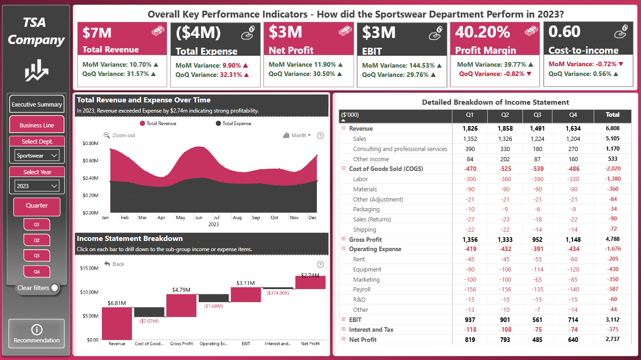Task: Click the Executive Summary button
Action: [37, 104]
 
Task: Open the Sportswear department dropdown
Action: [37, 155]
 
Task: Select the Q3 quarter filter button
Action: [37, 256]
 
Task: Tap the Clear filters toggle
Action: [54, 288]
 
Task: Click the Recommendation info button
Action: [37, 334]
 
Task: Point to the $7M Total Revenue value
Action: [97, 32]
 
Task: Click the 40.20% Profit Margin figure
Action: [483, 32]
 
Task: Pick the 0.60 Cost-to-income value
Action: [564, 31]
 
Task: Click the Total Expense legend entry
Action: [233, 123]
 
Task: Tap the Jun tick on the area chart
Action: [199, 217]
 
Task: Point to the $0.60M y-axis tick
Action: [90, 160]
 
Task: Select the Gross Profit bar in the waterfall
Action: [182, 305]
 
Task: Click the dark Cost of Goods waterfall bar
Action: [149, 312]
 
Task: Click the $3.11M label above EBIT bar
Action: [245, 283]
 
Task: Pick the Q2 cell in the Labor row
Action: [505, 179]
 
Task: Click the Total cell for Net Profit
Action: [613, 339]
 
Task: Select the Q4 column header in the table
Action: [573, 115]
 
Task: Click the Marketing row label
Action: [366, 279]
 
